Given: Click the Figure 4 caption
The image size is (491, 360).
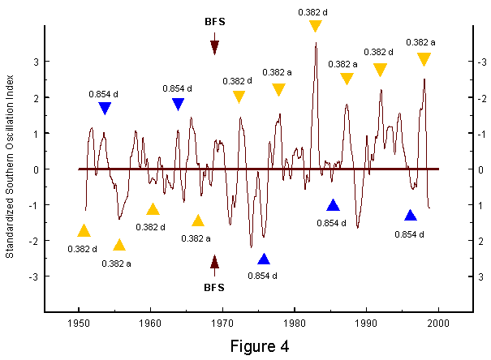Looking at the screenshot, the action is tap(260, 346).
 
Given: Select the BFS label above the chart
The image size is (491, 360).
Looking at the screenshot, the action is tap(215, 22).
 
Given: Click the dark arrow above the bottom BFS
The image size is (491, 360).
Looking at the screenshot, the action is tap(214, 266).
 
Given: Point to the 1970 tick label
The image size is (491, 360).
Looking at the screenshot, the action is tap(222, 323).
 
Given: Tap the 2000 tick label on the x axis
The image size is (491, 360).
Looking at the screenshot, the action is tap(438, 323).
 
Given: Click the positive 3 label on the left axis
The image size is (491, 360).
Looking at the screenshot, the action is tap(37, 62).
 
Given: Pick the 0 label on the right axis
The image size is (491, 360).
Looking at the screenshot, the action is tap(480, 169).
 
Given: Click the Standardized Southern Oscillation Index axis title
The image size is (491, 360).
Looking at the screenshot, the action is tap(10, 166).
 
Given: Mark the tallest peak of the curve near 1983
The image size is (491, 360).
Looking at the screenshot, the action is tap(316, 43).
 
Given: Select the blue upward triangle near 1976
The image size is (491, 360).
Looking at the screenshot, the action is tap(264, 259).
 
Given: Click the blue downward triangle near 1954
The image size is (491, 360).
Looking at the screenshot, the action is tap(105, 108).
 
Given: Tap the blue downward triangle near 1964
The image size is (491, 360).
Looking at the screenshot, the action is tap(179, 104).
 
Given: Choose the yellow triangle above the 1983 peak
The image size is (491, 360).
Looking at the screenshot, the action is tap(316, 26).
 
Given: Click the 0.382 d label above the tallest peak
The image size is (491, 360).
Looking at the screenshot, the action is tap(312, 12).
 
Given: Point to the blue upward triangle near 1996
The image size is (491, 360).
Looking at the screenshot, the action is tap(411, 216).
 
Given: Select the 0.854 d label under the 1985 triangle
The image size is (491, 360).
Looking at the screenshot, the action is tap(331, 223).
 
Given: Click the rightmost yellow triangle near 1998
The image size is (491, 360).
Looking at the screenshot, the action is tap(424, 59).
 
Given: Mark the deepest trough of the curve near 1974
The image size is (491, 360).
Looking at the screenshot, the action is tap(251, 247).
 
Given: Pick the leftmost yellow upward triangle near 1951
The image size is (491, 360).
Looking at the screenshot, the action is tap(84, 230).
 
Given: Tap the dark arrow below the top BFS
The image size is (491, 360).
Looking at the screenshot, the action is tap(214, 44).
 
